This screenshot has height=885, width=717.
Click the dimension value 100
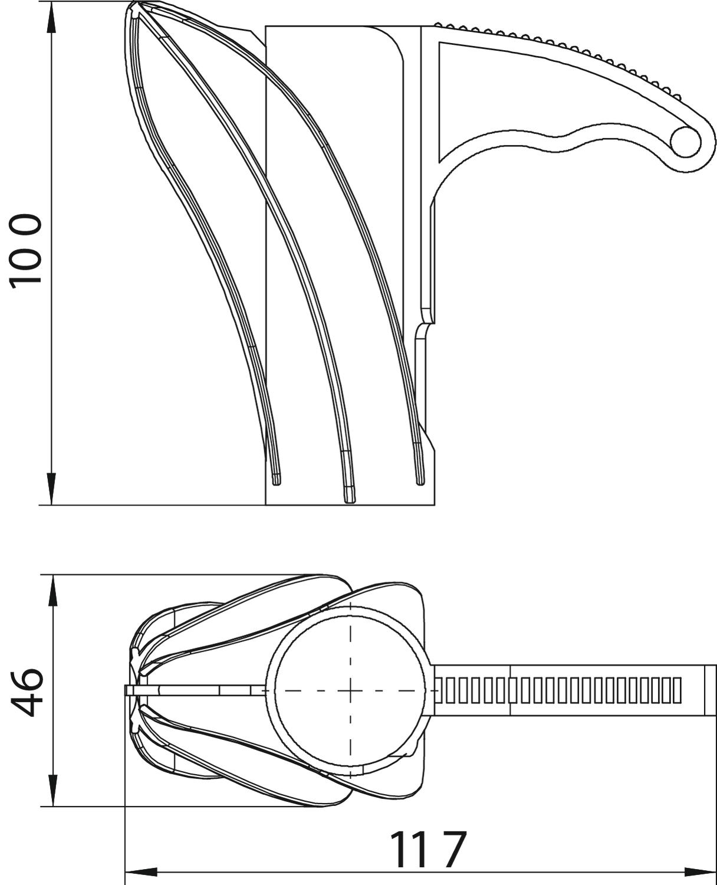[x=25, y=251]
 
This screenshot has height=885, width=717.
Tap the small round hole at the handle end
[x=685, y=142]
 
